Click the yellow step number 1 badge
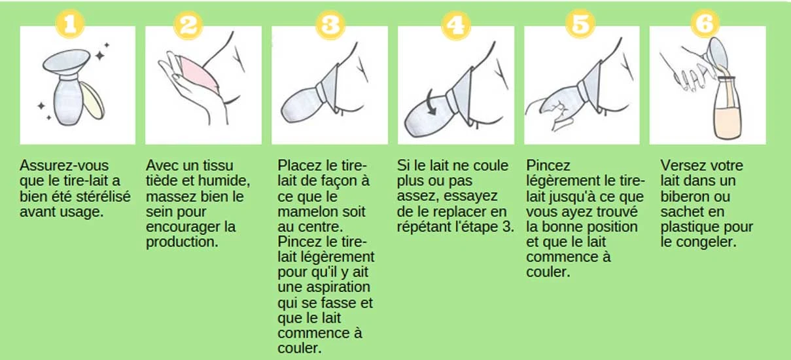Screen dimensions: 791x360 pos(70,24)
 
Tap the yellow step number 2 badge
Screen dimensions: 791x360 pos(188,25)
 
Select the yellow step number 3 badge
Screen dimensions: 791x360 pos(330,25)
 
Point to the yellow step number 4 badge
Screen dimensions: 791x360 pos(456,26)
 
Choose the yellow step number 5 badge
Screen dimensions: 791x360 pos(580,24)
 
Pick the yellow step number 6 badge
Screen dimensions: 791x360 pos(705,24)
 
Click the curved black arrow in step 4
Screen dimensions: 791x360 pos(430,103)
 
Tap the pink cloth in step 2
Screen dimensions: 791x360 pos(199,75)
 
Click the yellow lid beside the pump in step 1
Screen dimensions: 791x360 pos(92,101)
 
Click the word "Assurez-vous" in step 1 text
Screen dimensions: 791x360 pos(64,166)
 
